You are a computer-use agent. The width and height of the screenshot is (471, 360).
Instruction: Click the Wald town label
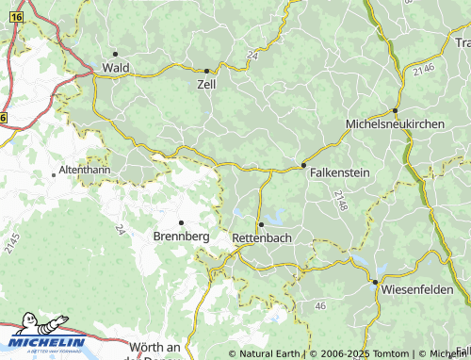point(116,68)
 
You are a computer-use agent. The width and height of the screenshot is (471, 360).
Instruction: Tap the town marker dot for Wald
point(115,54)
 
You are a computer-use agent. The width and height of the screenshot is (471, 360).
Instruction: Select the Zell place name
point(206,84)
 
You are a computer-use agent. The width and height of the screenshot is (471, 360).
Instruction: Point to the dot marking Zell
point(207,71)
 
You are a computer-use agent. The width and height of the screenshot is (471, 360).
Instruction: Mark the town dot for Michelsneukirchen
point(396,110)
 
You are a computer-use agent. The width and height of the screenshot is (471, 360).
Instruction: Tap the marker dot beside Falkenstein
point(303,166)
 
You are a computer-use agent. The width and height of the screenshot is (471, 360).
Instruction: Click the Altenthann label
point(85,169)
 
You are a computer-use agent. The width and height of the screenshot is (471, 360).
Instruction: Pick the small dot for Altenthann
point(54,174)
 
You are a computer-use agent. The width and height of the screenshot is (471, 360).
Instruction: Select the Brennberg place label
point(181,236)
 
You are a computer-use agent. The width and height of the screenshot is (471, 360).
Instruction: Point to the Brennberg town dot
point(181,222)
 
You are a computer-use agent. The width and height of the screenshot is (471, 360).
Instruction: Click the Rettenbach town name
point(261,237)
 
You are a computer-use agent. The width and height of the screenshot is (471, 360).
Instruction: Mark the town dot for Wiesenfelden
point(375,282)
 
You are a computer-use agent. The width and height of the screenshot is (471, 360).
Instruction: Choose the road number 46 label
point(320,306)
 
